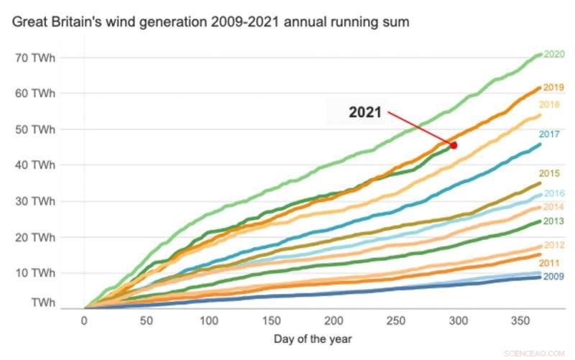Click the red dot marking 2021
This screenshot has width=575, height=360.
(454, 145)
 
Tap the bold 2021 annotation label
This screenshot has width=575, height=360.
(366, 113)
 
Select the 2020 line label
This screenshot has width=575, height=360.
(553, 54)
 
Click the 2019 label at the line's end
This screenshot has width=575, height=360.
(553, 88)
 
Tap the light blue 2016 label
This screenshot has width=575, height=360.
(553, 193)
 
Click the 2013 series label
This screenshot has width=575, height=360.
(553, 221)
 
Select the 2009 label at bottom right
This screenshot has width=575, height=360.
(553, 277)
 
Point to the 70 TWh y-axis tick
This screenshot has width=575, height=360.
(36, 57)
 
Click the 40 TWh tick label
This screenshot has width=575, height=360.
(36, 165)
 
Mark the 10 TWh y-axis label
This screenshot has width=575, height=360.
(36, 273)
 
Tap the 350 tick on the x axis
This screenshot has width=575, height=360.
(520, 320)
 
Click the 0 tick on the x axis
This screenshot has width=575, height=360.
(85, 320)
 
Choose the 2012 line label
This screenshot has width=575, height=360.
(553, 246)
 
